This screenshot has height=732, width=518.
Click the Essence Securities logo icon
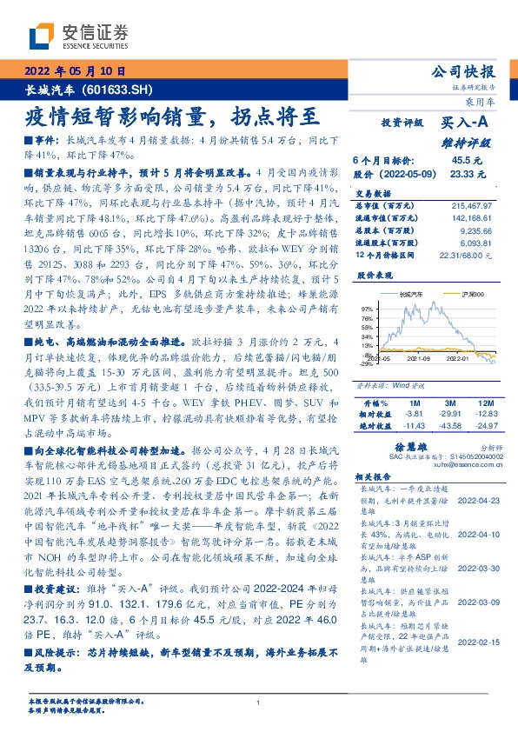coord(41,37)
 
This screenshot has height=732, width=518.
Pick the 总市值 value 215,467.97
coord(473,205)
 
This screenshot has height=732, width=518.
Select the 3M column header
coord(450,403)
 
